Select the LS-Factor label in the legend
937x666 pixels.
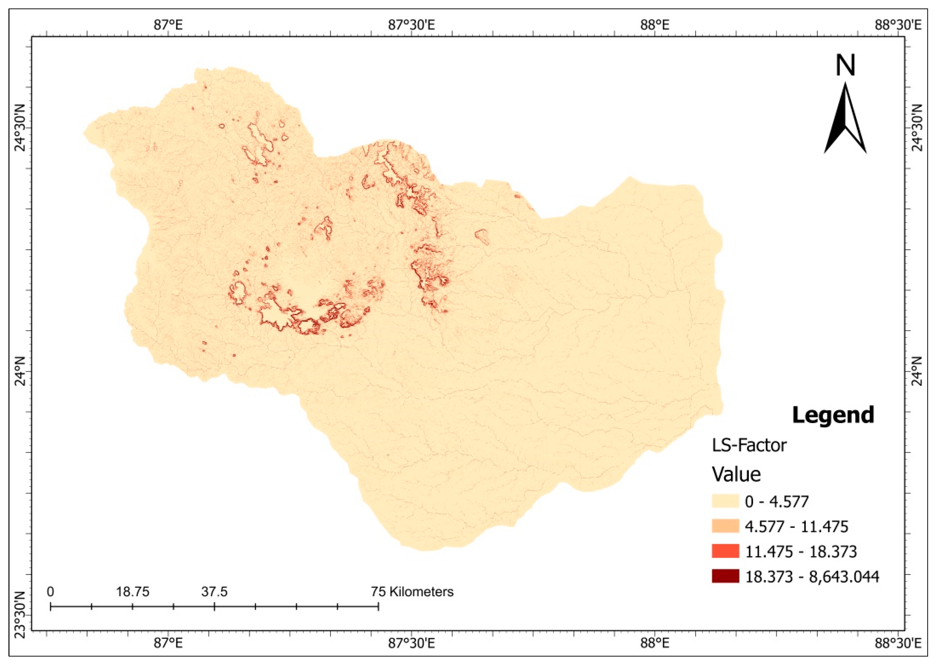(x=749, y=445)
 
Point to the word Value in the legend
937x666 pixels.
(x=736, y=474)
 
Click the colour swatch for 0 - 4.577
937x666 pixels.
(x=725, y=501)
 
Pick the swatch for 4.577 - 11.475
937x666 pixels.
(x=725, y=526)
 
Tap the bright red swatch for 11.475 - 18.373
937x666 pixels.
(x=725, y=551)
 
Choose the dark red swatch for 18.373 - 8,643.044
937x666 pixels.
(x=725, y=576)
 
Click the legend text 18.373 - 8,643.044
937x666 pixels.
(x=812, y=577)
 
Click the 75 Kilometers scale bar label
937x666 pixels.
(x=412, y=592)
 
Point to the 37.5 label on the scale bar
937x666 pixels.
(x=214, y=592)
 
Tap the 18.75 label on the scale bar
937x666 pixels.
(x=132, y=592)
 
